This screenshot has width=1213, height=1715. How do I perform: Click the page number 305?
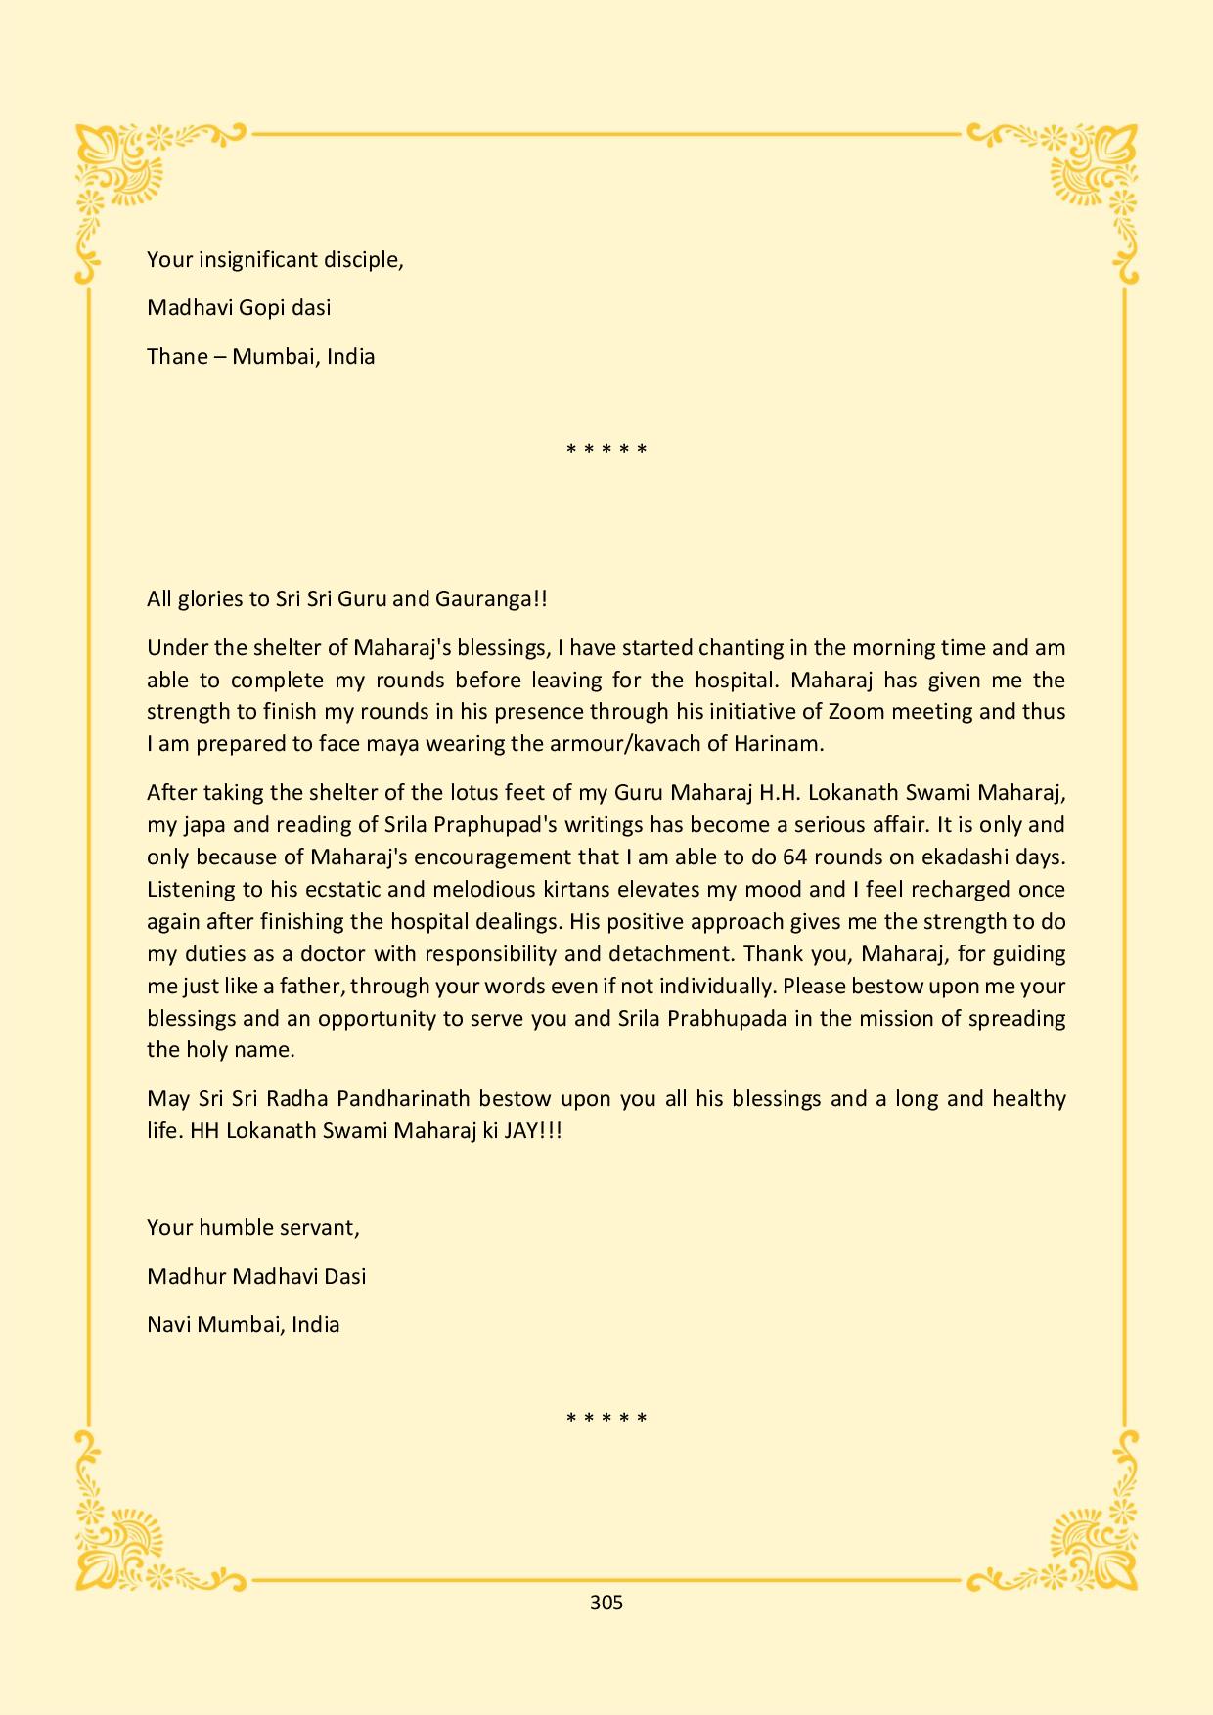(606, 1603)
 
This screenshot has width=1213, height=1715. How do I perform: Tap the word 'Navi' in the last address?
(168, 1325)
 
